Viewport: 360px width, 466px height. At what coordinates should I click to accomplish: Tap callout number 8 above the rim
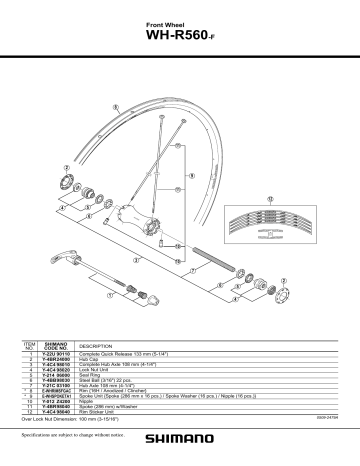click(117, 106)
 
